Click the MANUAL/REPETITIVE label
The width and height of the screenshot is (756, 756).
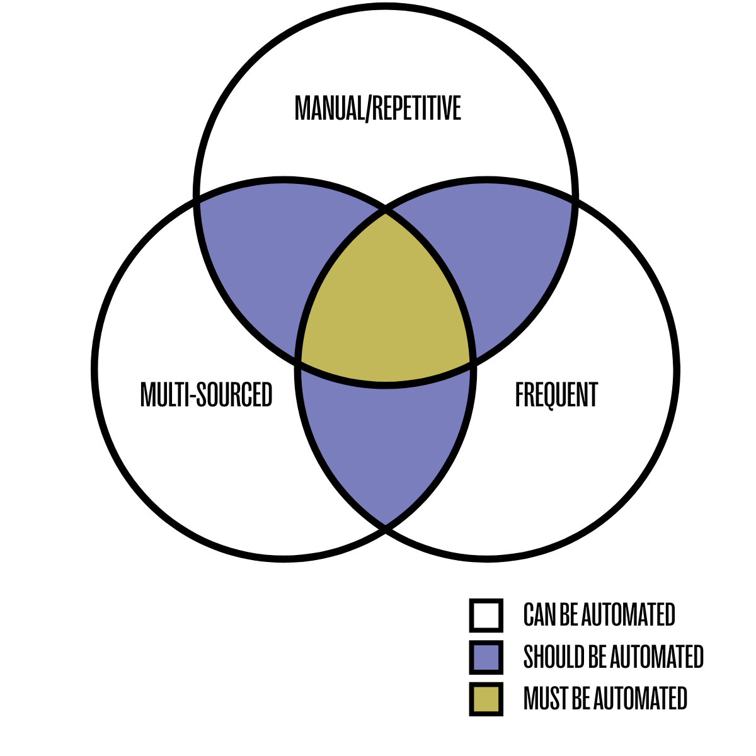point(378,108)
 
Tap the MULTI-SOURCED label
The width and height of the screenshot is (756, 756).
point(206,395)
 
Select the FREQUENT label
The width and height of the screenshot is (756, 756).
point(556,395)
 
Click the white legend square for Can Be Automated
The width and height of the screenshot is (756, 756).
point(486,615)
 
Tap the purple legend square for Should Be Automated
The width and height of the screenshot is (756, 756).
point(486,657)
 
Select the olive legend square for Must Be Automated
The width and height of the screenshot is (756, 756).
point(486,699)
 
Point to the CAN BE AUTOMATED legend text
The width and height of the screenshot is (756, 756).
point(599,615)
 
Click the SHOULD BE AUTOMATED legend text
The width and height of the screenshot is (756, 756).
point(613,657)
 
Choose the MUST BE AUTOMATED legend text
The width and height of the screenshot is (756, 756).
point(605,699)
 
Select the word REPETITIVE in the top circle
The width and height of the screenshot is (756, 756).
point(416,108)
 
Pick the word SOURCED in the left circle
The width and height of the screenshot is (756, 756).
point(234,395)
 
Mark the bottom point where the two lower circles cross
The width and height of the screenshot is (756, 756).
point(386,528)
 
